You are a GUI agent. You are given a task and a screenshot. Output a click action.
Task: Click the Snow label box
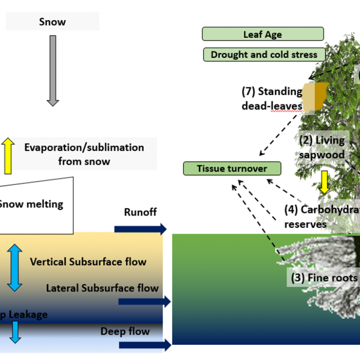click(53, 22)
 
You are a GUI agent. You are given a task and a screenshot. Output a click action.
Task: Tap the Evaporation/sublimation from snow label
click(84, 154)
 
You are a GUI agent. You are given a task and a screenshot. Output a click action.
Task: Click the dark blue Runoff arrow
click(140, 229)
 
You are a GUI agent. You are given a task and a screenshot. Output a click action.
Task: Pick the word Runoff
click(140, 212)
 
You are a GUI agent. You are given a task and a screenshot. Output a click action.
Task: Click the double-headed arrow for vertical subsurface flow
click(15, 267)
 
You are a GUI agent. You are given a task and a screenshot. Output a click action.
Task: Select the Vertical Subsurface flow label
click(88, 261)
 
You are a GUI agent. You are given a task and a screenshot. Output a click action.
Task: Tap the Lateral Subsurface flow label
click(102, 288)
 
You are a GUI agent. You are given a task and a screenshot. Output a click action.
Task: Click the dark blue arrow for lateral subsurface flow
click(144, 301)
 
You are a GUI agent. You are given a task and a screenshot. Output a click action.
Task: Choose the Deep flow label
click(125, 332)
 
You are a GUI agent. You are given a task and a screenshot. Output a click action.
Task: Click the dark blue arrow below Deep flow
click(144, 345)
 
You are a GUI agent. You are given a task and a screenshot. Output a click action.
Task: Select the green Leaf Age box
click(263, 34)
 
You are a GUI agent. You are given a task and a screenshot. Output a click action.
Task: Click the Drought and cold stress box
click(264, 55)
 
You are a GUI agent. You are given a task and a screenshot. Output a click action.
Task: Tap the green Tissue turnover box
click(232, 169)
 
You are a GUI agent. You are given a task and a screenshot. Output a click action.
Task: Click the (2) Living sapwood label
click(322, 147)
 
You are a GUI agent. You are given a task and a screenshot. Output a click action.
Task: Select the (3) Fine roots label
click(324, 278)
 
